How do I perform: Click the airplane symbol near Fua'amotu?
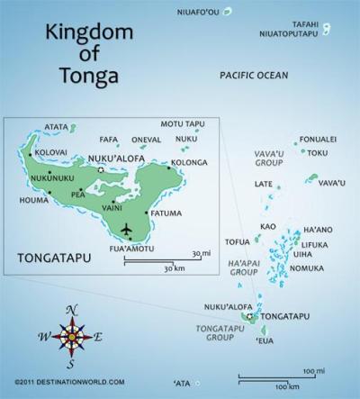tap(125, 227)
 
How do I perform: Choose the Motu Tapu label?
tap(178, 123)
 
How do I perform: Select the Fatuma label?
tap(166, 213)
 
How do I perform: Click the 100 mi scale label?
tap(313, 371)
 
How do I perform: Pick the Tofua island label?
tap(237, 241)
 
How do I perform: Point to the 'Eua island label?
tap(265, 341)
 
